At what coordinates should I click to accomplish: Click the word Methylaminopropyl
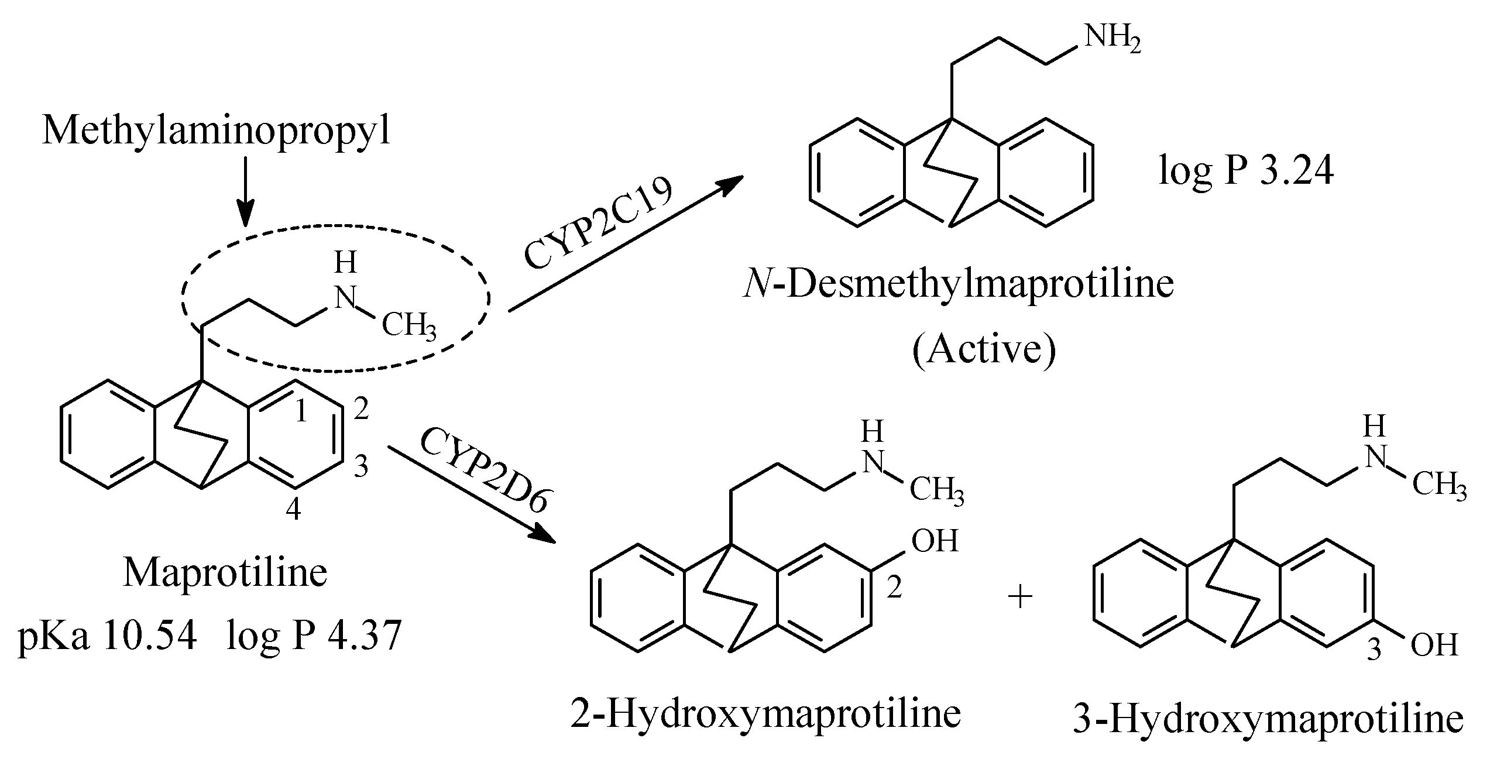pyautogui.click(x=216, y=130)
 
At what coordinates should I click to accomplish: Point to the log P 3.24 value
pyautogui.click(x=1246, y=172)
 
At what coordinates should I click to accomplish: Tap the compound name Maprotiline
pyautogui.click(x=225, y=572)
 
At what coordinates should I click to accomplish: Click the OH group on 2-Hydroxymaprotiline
pyautogui.click(x=935, y=541)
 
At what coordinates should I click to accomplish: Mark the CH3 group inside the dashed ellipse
pyautogui.click(x=408, y=326)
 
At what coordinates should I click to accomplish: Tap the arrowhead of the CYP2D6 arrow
pyautogui.click(x=544, y=536)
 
